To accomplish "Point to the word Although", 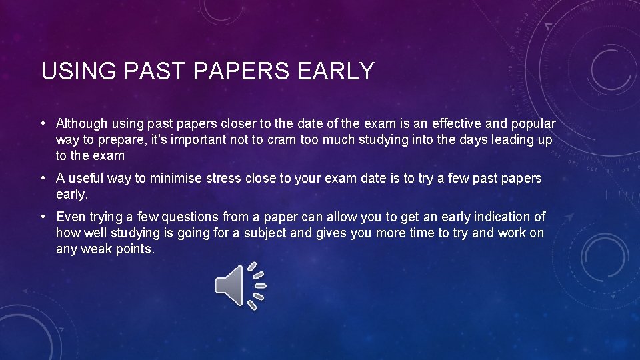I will pyautogui.click(x=81, y=123).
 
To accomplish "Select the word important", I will pyautogui.click(x=197, y=140).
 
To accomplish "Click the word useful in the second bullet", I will pyautogui.click(x=86, y=179).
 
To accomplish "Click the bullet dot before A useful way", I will pyautogui.click(x=42, y=179).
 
